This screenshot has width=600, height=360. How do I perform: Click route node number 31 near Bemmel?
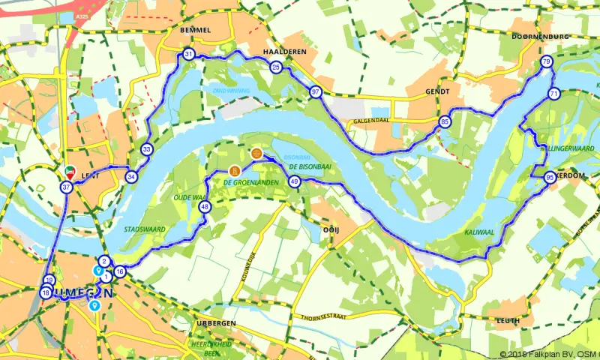click(x=188, y=55)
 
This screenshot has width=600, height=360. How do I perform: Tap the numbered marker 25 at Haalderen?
click(x=276, y=68)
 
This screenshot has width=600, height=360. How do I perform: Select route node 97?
click(x=316, y=92)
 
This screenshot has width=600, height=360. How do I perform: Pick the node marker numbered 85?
click(x=445, y=122)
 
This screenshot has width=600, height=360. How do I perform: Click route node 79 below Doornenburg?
click(x=546, y=62)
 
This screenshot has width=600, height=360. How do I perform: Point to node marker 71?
click(x=553, y=94)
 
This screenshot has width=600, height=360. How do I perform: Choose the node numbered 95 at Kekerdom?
click(x=550, y=178)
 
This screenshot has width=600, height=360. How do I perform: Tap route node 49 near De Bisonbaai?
click(x=295, y=181)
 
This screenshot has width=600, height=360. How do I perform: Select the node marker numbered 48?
click(x=204, y=208)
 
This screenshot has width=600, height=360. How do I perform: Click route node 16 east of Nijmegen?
click(x=120, y=271)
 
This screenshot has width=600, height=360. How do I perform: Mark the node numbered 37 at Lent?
click(x=67, y=187)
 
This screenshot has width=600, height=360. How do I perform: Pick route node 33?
click(x=147, y=150)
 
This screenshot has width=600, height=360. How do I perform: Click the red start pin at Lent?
click(x=70, y=171)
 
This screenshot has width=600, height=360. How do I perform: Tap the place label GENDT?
click(x=436, y=91)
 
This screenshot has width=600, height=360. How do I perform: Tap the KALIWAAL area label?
click(x=478, y=233)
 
